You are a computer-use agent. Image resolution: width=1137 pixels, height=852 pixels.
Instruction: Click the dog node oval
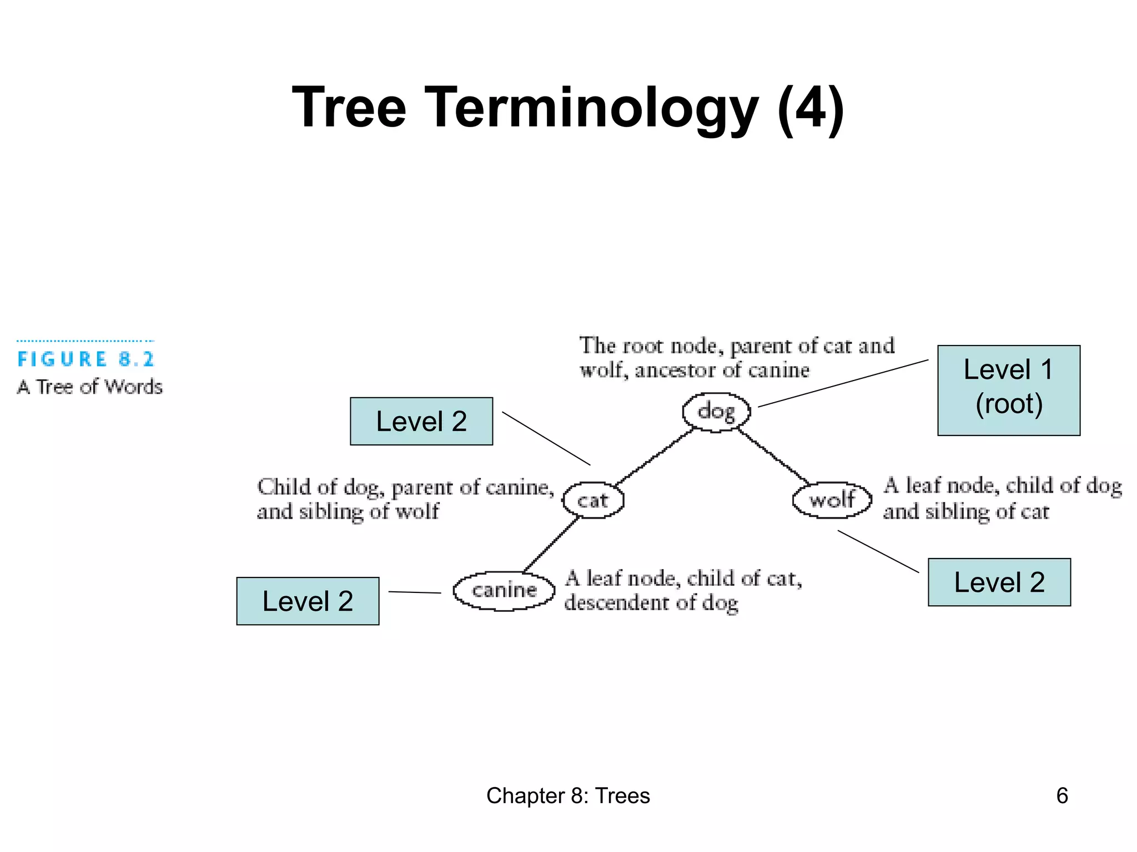pyautogui.click(x=716, y=412)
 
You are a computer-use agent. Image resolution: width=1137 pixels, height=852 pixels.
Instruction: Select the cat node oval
pyautogui.click(x=593, y=500)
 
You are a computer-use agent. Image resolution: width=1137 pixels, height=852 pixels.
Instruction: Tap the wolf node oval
pyautogui.click(x=832, y=500)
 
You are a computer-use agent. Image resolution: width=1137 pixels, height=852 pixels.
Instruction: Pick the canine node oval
pyautogui.click(x=504, y=590)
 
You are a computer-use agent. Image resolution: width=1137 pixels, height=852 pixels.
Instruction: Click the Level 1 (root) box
pyautogui.click(x=1008, y=390)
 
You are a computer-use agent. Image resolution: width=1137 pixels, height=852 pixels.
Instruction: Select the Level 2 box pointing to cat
pyautogui.click(x=421, y=421)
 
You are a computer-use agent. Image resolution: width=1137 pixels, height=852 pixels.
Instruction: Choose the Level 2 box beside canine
pyautogui.click(x=308, y=601)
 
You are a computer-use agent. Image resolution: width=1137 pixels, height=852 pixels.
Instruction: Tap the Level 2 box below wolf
pyautogui.click(x=999, y=582)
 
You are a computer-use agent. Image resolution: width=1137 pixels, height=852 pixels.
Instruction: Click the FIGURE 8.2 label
pyautogui.click(x=85, y=359)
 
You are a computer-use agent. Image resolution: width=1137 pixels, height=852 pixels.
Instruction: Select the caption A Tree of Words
pyautogui.click(x=90, y=387)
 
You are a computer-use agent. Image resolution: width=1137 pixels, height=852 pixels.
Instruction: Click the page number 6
pyautogui.click(x=1061, y=795)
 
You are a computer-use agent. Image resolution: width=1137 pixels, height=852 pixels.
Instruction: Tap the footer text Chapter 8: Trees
pyautogui.click(x=567, y=795)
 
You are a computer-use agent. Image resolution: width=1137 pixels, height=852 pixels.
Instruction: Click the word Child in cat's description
pyautogui.click(x=283, y=487)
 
